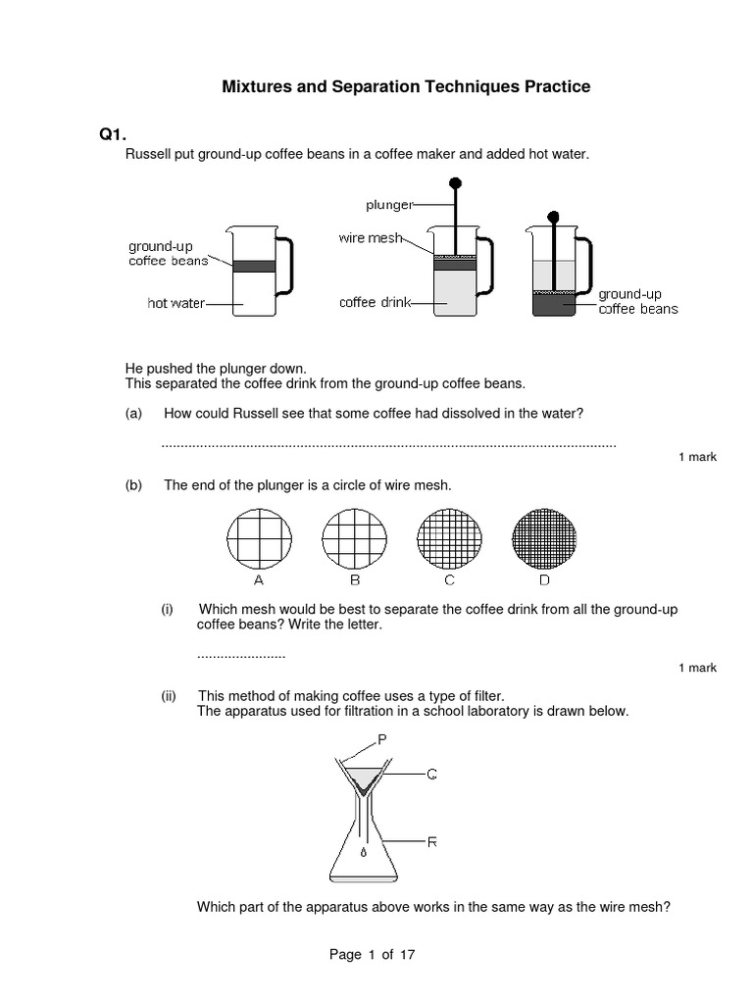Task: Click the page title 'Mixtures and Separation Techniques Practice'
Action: [406, 87]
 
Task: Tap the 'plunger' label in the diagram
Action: [389, 204]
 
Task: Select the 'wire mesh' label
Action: [370, 238]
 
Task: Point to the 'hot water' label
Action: [176, 303]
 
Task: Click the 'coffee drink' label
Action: [372, 303]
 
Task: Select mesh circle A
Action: [259, 539]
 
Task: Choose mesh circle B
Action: [353, 539]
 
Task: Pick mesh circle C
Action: [448, 539]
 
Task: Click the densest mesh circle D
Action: [543, 539]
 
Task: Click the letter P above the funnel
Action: [383, 738]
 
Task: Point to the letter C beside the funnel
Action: [431, 775]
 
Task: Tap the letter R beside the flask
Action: [431, 841]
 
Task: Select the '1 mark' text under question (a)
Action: [697, 457]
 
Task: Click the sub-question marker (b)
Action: [134, 484]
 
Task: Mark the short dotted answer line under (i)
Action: [240, 654]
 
